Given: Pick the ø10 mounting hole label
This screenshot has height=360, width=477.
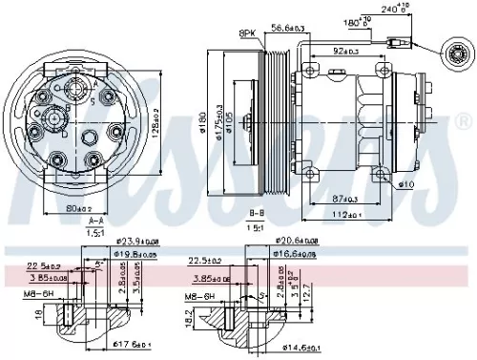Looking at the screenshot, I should (x=405, y=183).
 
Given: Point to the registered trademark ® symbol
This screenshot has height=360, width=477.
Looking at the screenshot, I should (x=465, y=122).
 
